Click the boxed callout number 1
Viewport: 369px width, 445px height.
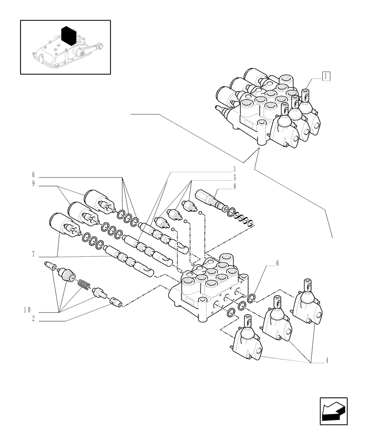[326, 76]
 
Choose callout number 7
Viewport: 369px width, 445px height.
[33, 255]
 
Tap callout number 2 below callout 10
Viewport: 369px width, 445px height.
[33, 319]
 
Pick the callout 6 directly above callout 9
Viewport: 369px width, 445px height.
[33, 175]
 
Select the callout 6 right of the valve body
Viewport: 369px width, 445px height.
[277, 264]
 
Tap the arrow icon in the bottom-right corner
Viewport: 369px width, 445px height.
[333, 411]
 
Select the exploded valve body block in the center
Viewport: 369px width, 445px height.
[209, 289]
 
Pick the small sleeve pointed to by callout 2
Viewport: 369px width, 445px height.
[116, 302]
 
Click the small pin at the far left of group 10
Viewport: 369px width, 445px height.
[50, 266]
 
